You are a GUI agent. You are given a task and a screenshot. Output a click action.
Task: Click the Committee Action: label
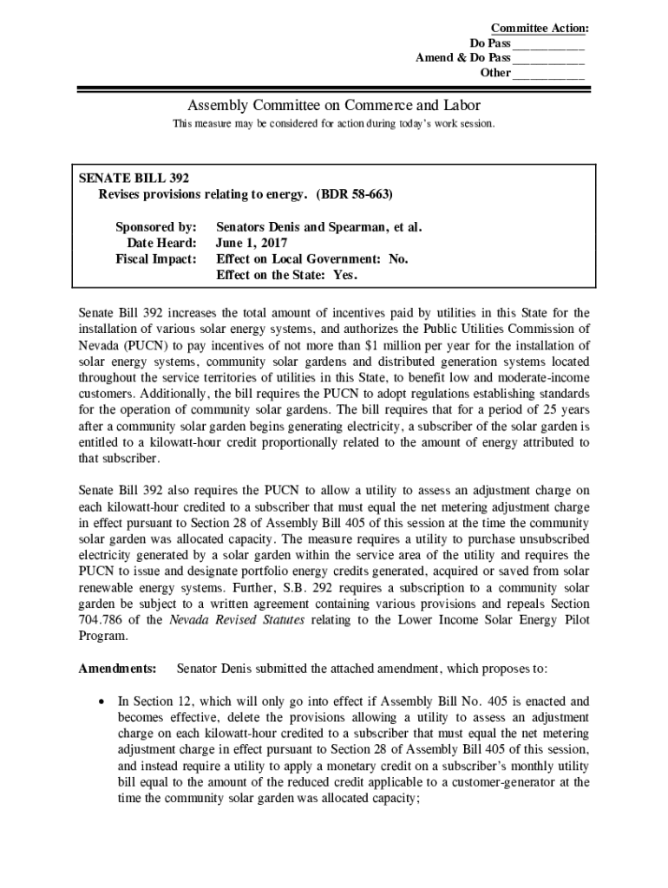[539, 29]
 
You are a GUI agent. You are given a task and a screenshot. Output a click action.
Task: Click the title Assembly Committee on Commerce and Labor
[333, 106]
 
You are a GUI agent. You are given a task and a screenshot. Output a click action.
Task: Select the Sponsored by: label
[156, 227]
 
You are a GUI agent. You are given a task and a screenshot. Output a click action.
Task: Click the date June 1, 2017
[251, 243]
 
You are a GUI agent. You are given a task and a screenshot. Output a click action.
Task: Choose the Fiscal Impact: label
[156, 258]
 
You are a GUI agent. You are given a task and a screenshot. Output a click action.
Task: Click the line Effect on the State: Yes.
[286, 274]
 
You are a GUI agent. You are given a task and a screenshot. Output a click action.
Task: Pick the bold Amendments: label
[118, 669]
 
